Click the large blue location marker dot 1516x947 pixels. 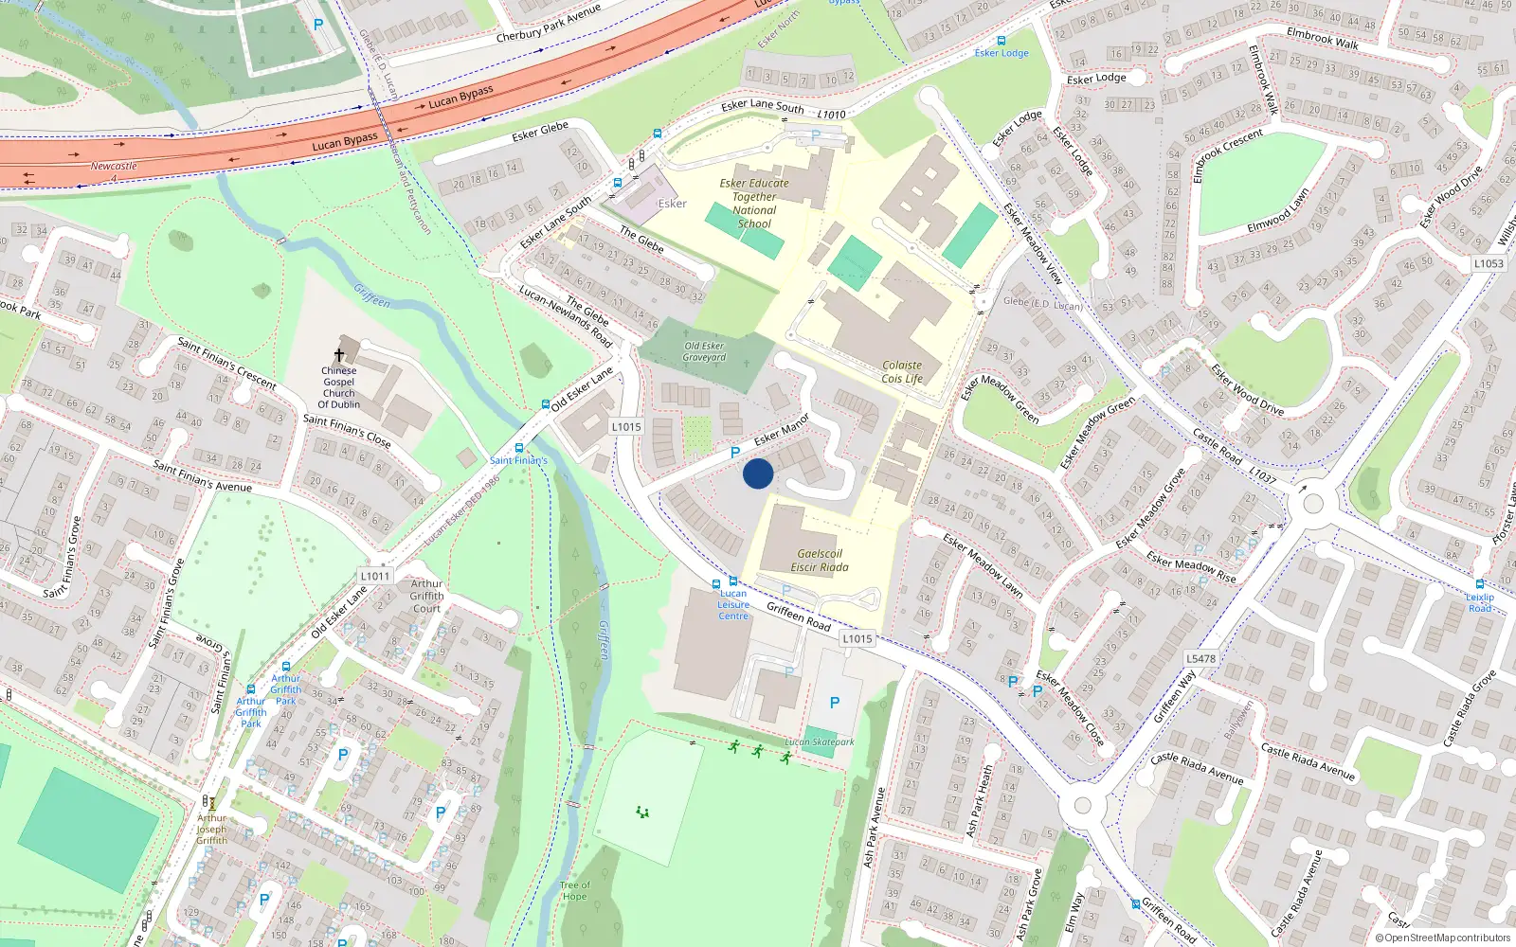(758, 473)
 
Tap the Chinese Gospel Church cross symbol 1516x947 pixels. (339, 355)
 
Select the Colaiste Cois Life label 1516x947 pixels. (902, 372)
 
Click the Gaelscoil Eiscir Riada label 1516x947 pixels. (820, 561)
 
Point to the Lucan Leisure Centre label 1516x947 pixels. (733, 604)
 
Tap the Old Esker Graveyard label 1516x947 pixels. (705, 351)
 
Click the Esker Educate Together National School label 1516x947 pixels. (754, 204)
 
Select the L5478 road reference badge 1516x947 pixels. (1200, 658)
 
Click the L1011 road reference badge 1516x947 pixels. (375, 576)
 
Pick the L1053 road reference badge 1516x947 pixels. (1489, 263)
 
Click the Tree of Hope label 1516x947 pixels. (574, 891)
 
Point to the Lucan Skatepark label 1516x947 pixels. (820, 742)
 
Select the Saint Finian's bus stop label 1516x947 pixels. (518, 460)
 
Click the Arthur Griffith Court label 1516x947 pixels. (426, 596)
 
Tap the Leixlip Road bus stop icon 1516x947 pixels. (1480, 584)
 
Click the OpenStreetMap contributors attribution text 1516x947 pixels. (1443, 938)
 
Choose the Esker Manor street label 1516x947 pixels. (782, 430)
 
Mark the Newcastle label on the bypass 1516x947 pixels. (114, 166)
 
